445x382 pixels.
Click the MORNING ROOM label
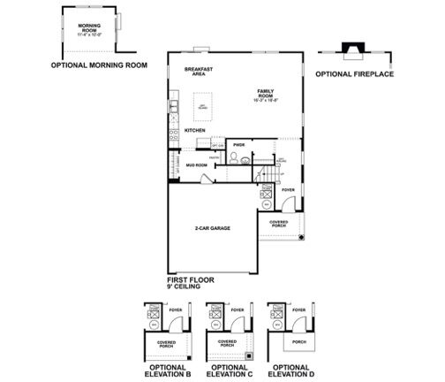pos(87,29)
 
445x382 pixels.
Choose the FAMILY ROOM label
pos(266,92)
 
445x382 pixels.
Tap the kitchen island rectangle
pos(201,108)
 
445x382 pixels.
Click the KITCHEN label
pos(195,131)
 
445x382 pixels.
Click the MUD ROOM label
pos(196,164)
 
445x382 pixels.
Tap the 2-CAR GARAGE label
pos(213,228)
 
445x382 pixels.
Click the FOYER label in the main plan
pos(287,189)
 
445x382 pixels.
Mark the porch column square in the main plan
pos(300,239)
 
